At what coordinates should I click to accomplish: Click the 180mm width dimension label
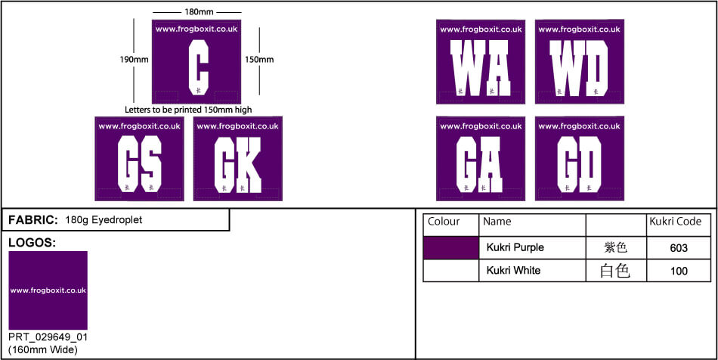197,12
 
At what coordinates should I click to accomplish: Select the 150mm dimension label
259,59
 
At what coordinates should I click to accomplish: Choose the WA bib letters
481,69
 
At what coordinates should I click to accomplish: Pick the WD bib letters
579,69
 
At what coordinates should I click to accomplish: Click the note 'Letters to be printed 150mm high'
188,110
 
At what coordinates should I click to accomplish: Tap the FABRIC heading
32,220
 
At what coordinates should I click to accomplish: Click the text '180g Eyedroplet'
104,220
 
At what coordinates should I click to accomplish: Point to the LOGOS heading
32,243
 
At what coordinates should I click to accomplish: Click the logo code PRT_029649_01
46,337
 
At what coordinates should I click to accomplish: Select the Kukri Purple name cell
515,247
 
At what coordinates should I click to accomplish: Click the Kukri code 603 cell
679,247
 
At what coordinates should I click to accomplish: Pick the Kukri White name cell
513,270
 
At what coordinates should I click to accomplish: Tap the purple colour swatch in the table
450,247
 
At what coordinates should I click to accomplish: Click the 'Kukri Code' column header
676,222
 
